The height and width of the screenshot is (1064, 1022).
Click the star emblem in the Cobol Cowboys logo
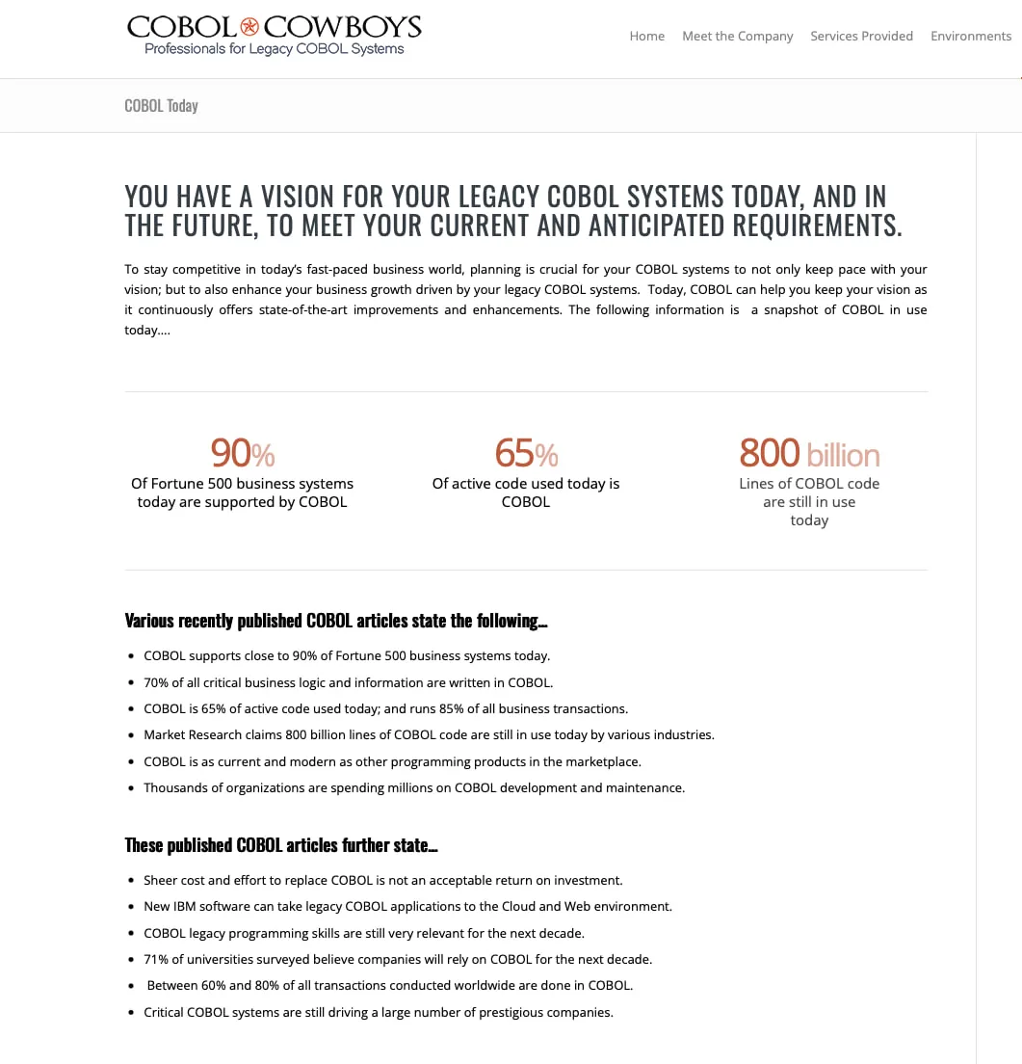(x=249, y=26)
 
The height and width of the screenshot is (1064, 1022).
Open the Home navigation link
(x=646, y=36)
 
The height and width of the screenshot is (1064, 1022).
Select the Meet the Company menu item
(x=737, y=36)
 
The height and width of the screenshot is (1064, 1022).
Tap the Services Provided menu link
(x=861, y=36)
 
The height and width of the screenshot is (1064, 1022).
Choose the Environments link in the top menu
(x=970, y=36)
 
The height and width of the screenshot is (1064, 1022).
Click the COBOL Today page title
(x=161, y=106)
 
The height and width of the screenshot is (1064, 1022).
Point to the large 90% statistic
(x=242, y=452)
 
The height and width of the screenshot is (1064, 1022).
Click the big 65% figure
(x=526, y=452)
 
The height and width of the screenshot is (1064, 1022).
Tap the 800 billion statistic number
(x=808, y=452)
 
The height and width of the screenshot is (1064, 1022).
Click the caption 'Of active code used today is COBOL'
(x=526, y=492)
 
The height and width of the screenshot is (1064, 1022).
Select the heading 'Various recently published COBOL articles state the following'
(x=336, y=621)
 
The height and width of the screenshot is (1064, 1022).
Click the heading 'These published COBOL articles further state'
(x=281, y=845)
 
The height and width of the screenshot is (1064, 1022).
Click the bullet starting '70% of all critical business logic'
(x=348, y=682)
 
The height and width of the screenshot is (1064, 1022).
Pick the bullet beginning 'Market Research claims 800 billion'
(x=429, y=734)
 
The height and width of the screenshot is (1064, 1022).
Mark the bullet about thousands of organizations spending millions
(x=414, y=787)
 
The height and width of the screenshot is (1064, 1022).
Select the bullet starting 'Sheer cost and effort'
(x=382, y=880)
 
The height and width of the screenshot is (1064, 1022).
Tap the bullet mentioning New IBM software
(x=407, y=906)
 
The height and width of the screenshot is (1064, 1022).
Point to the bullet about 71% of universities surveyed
(x=398, y=959)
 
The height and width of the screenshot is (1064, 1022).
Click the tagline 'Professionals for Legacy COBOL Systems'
(x=274, y=49)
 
